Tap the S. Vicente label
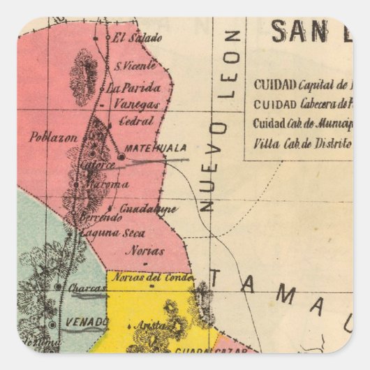coord(131,68)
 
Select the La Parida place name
coord(139,88)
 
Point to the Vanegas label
coord(136,105)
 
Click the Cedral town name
coord(137,121)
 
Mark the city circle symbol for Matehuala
coord(121,158)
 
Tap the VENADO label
coord(87,322)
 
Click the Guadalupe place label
coord(149,209)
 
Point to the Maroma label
coord(108,185)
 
